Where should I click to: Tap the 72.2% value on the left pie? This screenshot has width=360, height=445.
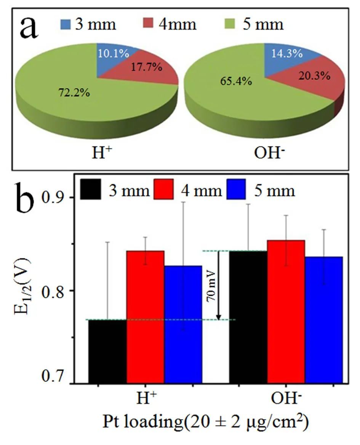click(x=75, y=93)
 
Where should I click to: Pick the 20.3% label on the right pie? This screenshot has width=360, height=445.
click(x=315, y=76)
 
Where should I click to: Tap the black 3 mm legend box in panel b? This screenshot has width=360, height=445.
click(x=91, y=189)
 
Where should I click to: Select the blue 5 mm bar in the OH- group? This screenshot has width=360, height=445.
click(x=324, y=320)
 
